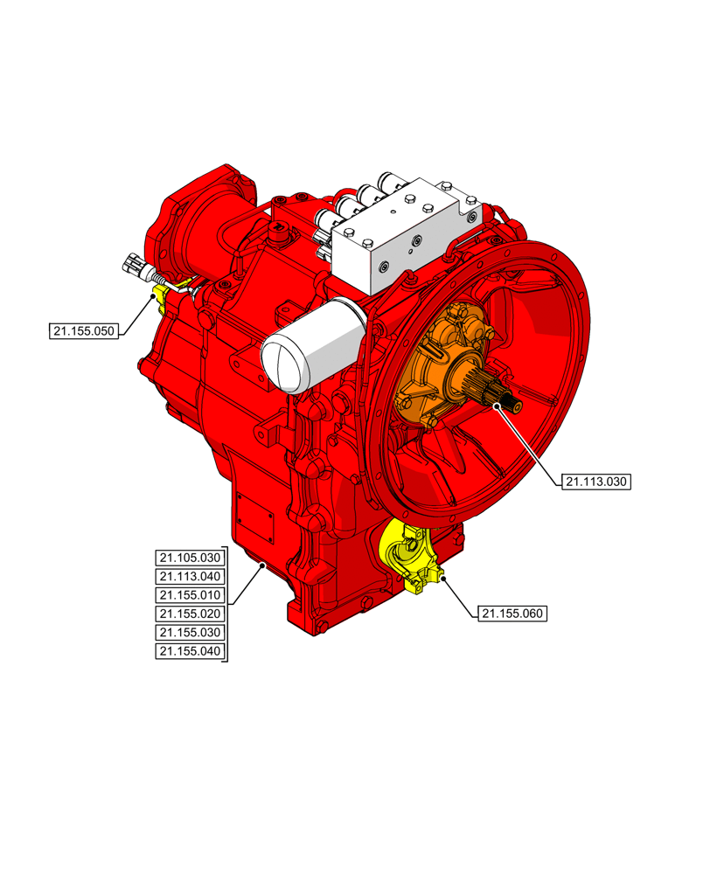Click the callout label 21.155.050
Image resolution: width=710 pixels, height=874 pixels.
click(x=84, y=330)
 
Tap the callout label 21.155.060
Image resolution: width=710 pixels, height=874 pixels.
click(x=512, y=614)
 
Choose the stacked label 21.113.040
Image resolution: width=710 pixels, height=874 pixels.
click(x=190, y=577)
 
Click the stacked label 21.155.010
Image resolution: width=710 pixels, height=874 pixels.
click(x=190, y=595)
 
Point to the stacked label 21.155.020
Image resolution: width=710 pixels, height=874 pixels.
click(x=190, y=614)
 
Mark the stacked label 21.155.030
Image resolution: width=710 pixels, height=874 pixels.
click(x=190, y=632)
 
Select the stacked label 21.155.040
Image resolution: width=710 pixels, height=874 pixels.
click(x=190, y=651)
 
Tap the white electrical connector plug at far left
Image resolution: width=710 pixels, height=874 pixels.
click(x=136, y=262)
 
